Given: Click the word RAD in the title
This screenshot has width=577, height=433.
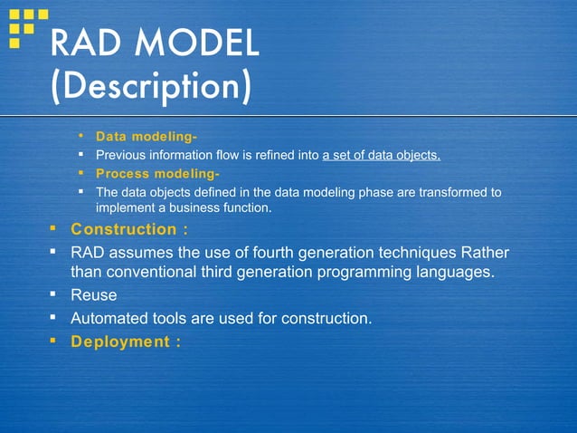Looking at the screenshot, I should [88, 43].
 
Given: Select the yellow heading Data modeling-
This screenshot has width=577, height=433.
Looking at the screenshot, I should [147, 137].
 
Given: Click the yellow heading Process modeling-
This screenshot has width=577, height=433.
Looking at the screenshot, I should [157, 173].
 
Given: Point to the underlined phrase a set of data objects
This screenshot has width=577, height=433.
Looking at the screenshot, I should [381, 155].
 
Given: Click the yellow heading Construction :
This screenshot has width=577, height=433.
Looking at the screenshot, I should [129, 229].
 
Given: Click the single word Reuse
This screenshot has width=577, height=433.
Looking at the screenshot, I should [94, 295].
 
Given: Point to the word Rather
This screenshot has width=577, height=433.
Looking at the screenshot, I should [485, 251].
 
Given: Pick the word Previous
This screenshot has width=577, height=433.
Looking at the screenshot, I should [123, 155].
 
